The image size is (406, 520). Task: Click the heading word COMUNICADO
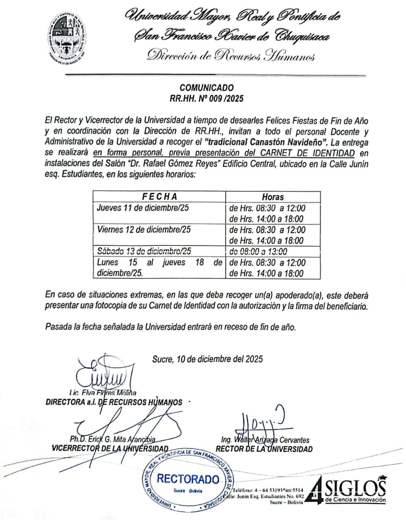pos(207,88)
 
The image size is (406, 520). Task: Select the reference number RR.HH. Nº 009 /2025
pos(207,99)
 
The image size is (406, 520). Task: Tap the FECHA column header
pos(159,197)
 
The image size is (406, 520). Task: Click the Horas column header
pos(272,197)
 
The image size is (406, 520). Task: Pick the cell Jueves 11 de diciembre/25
pos(143,208)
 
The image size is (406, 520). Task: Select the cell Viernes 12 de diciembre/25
pos(144,229)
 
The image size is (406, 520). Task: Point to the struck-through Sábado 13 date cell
pos(144,251)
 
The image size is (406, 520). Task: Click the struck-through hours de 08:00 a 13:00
pos(258,251)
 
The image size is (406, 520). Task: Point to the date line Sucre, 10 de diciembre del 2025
pos(207,359)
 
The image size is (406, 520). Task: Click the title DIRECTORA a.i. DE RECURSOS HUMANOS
pos(114,402)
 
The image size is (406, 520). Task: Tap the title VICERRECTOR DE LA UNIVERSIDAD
pos(110,449)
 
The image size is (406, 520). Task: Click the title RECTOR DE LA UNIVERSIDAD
pos(264,449)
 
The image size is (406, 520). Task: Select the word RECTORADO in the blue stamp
pos(188,479)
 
